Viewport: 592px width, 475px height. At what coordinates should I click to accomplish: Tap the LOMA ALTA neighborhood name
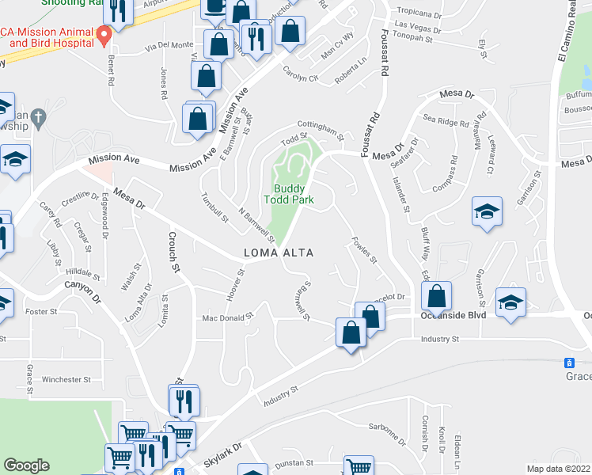pyautogui.click(x=278, y=253)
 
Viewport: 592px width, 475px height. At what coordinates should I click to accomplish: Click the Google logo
pyautogui.click(x=26, y=465)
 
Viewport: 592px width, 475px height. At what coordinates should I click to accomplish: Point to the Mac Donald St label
pyautogui.click(x=226, y=316)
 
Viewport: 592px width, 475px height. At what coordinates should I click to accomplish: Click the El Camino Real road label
pyautogui.click(x=568, y=32)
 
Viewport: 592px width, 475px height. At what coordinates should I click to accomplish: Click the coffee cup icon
pyautogui.click(x=215, y=7)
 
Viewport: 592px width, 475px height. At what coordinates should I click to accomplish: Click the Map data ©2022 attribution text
pyautogui.click(x=559, y=468)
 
